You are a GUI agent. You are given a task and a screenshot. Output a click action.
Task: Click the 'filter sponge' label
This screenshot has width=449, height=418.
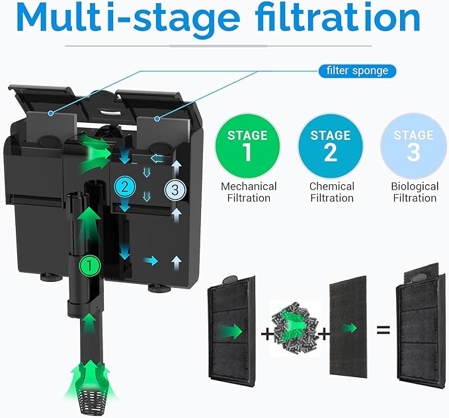coord(358,71)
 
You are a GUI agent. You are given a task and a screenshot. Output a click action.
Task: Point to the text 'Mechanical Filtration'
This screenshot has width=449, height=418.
coord(249,192)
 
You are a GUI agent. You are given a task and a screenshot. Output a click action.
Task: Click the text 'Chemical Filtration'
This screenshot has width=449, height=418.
coord(331,192)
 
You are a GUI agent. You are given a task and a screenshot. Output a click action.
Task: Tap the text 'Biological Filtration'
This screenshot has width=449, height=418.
coord(415,192)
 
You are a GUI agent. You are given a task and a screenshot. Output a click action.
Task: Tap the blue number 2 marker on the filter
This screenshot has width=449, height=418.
coord(124,185)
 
